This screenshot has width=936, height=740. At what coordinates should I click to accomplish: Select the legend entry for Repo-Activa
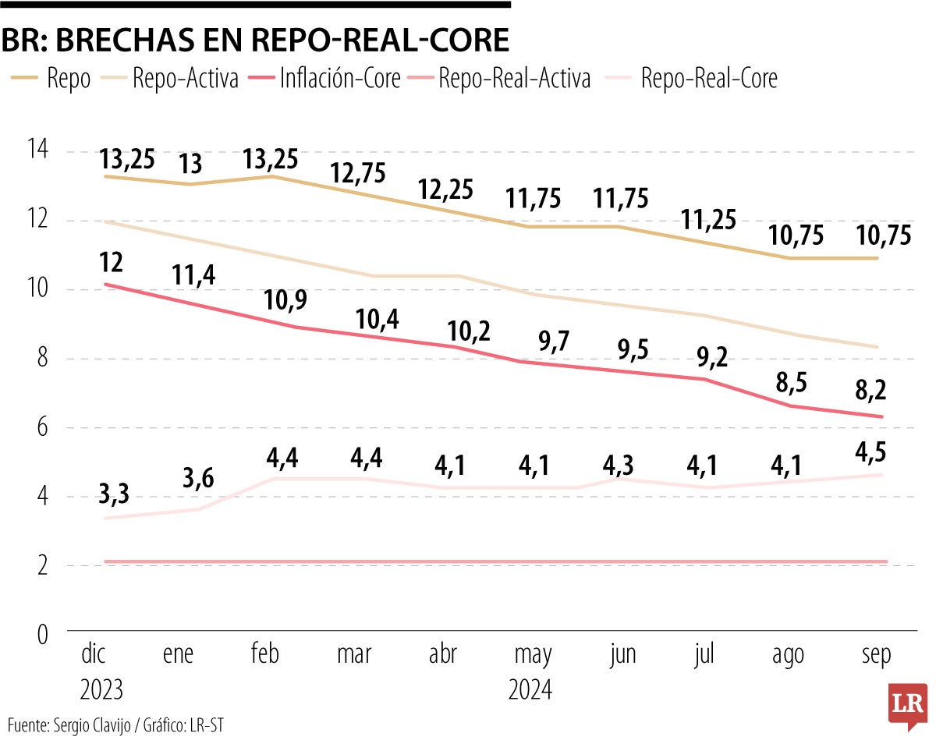[185, 78]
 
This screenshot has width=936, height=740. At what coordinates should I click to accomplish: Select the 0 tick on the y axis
[41, 635]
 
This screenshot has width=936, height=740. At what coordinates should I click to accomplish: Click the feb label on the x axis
[265, 655]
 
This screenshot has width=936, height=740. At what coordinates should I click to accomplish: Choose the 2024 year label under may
[530, 690]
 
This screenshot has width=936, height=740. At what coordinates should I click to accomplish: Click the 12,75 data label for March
[357, 173]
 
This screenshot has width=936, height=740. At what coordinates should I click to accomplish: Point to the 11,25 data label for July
[707, 221]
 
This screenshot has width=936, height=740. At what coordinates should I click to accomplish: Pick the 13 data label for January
[190, 165]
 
